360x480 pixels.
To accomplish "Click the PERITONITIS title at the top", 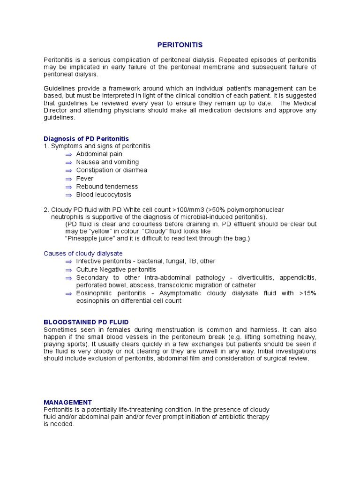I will [x=180, y=45].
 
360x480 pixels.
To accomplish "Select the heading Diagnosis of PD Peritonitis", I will [x=86, y=139].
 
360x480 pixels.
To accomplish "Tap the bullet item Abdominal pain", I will [x=99, y=154].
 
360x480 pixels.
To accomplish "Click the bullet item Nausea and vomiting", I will [x=107, y=162].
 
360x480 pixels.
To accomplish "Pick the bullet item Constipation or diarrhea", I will [x=112, y=170].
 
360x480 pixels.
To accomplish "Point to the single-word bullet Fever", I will [x=85, y=179].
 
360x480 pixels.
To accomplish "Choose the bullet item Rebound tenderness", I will [x=107, y=187].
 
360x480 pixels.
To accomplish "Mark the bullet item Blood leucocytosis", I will [x=104, y=195].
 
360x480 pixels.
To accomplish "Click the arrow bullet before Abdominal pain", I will [x=68, y=154].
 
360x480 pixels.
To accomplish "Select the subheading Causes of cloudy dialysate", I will [x=83, y=253].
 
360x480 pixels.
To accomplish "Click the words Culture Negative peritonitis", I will [x=116, y=270].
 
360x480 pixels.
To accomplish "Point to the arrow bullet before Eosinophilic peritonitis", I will [x=68, y=293].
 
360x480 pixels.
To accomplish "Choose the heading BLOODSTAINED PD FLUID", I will [x=86, y=322].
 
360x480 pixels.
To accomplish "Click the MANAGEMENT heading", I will [x=67, y=402].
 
